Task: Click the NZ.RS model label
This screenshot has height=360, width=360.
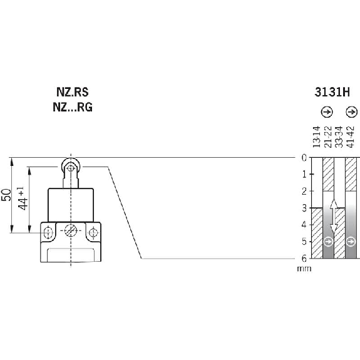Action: coord(73,92)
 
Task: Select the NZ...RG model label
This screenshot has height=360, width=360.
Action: coord(73,107)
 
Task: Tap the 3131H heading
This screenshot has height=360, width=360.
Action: coord(332,92)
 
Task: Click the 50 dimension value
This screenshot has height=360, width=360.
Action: coord(6,195)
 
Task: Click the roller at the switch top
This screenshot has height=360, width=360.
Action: coord(71,167)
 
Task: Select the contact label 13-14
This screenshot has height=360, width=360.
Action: coord(316,137)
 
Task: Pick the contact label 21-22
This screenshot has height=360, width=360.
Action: coord(328,137)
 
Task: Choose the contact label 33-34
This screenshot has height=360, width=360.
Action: coord(339,137)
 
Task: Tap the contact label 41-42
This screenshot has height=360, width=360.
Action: coord(351,137)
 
